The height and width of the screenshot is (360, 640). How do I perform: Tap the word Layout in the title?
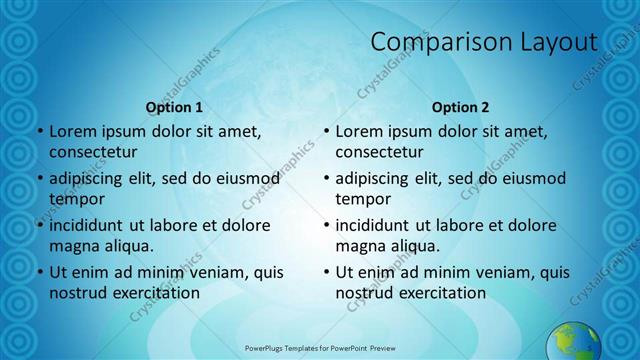coord(552,42)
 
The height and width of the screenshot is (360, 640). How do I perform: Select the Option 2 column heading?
coord(460,106)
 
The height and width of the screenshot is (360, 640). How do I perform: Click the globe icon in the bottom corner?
coord(573,341)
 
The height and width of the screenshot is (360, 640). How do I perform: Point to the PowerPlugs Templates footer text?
coord(320,346)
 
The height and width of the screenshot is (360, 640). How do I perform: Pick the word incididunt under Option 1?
coord(90,225)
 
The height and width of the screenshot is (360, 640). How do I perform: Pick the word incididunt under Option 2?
coord(376,225)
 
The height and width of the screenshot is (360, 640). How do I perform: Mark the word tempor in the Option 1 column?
coord(77,199)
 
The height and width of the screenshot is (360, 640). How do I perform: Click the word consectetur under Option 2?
coord(382,152)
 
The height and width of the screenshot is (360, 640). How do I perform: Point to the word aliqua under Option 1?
coord(128,246)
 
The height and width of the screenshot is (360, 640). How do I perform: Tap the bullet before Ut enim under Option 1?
coord(39,272)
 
